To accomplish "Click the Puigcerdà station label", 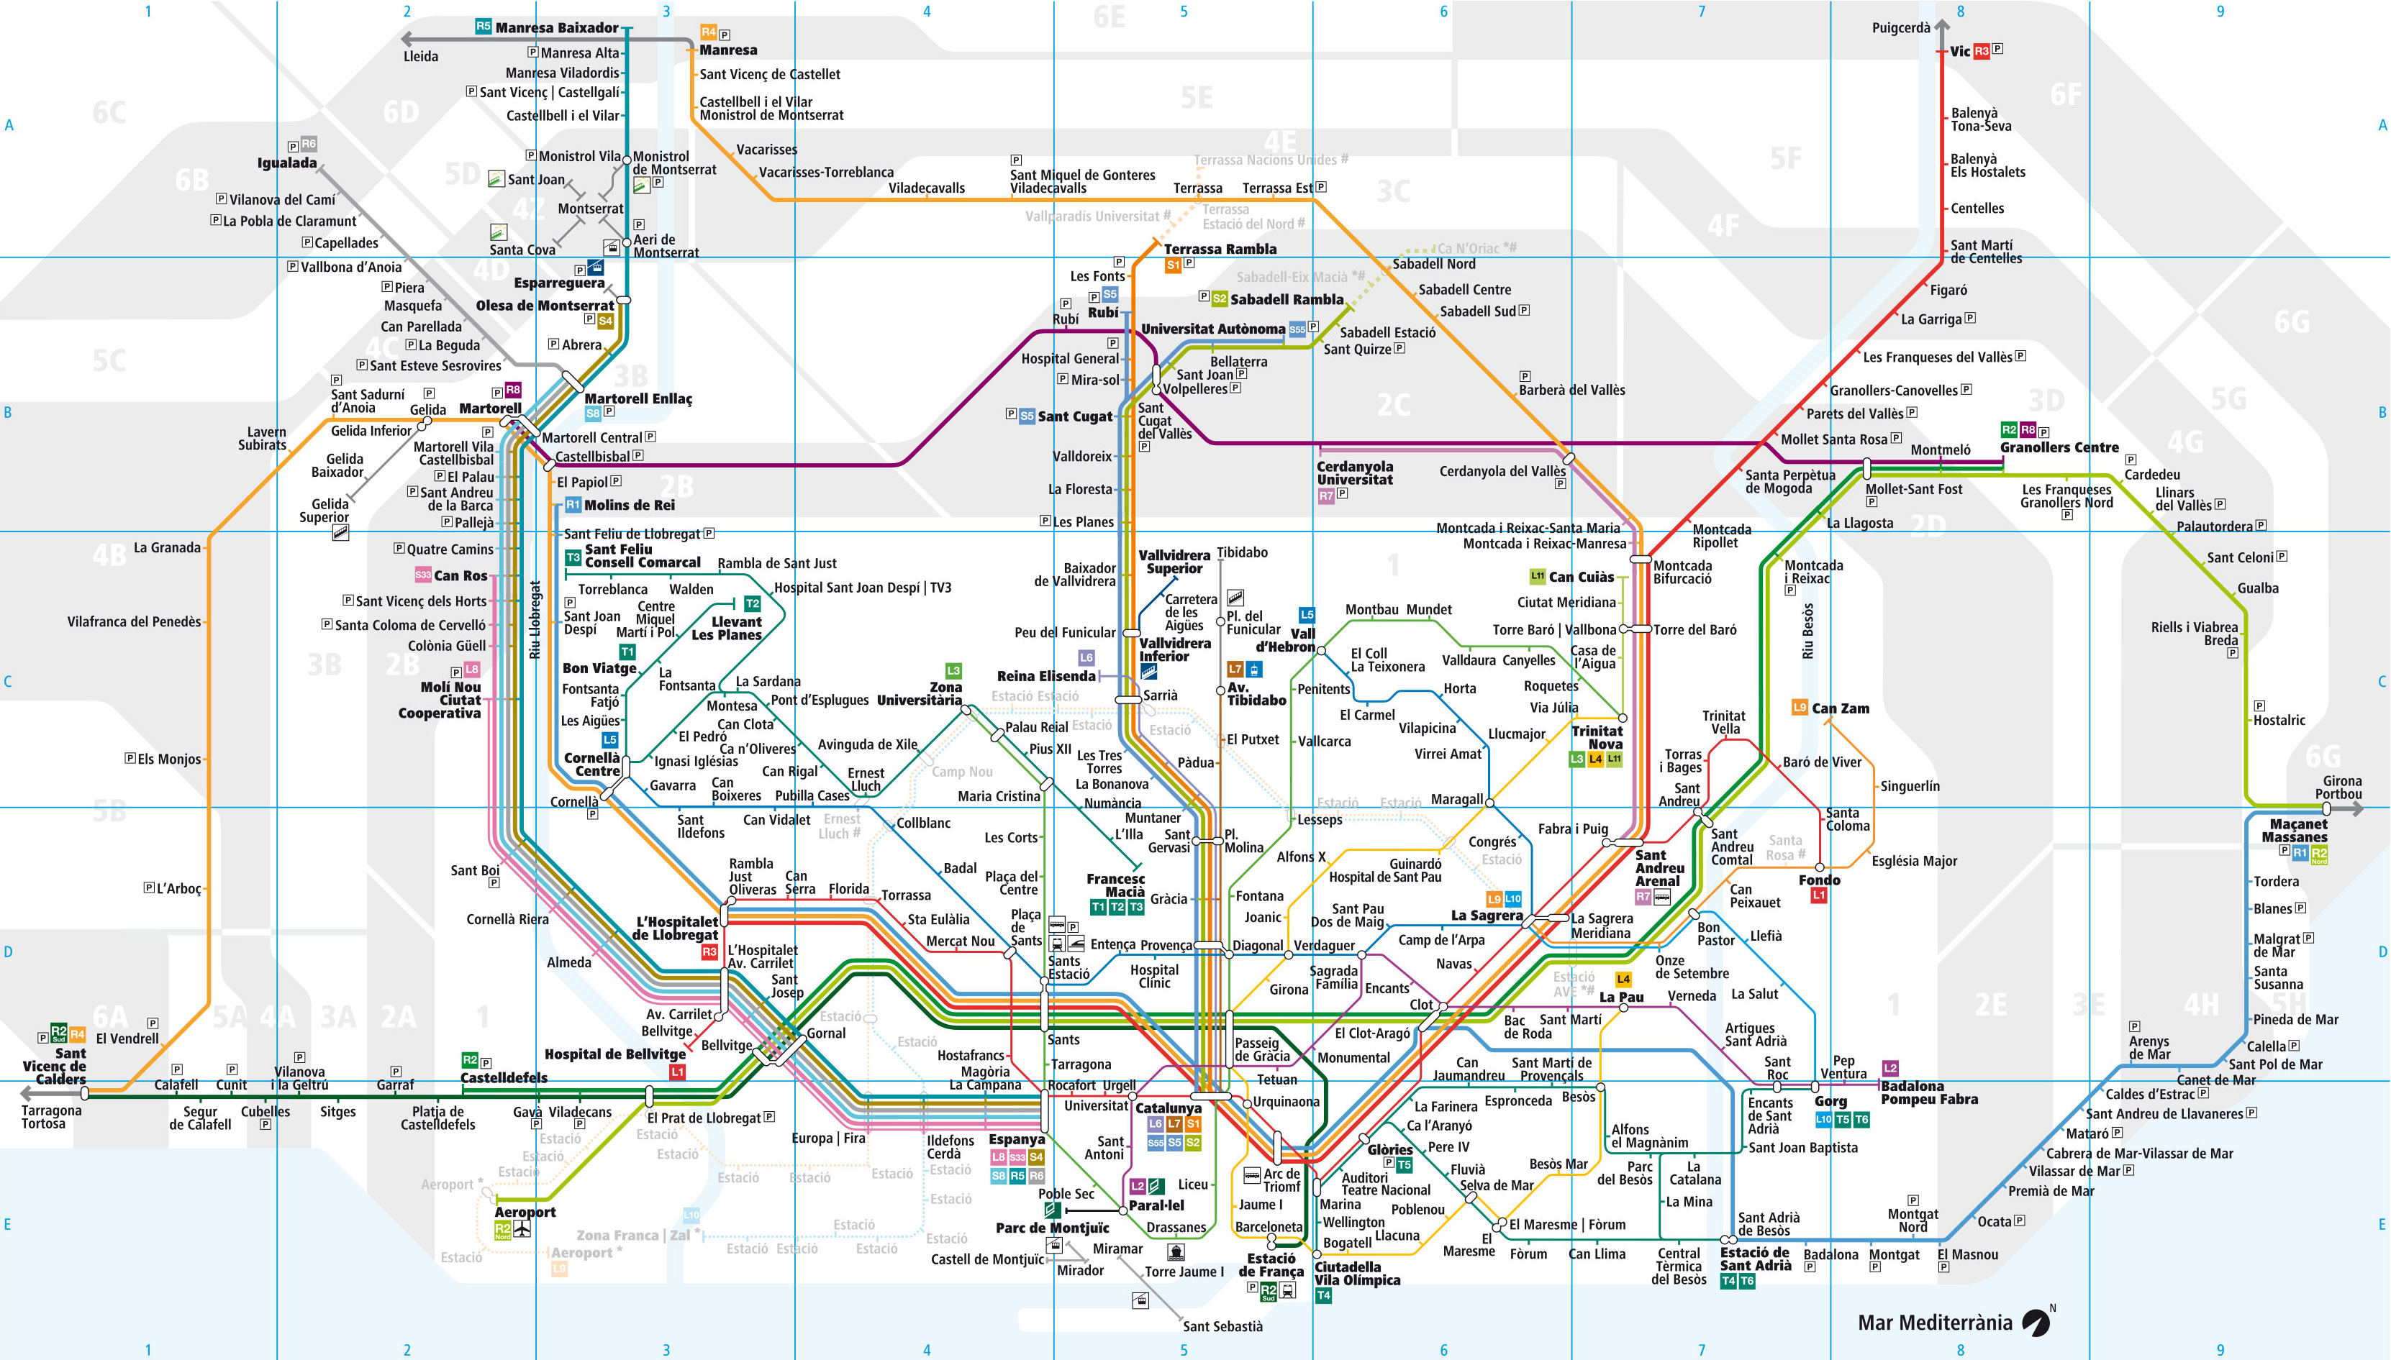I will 1900,28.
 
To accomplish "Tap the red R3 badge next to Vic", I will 1982,51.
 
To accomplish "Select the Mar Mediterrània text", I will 1934,1323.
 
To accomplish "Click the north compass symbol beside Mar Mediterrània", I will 2036,1322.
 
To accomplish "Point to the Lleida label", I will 420,56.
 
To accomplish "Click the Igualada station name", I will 287,163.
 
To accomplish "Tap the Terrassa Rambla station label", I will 1220,248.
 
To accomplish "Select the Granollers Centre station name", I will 2059,447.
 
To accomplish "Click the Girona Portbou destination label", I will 2338,788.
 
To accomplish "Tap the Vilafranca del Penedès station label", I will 134,622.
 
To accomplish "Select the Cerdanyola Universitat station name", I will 1354,473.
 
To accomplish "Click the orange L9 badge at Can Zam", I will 1800,707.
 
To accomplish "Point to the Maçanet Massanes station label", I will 2298,831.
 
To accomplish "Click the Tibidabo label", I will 1242,552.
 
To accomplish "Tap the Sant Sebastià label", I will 1222,1326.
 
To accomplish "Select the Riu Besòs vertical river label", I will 1808,631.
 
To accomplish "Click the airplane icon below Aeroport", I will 522,1229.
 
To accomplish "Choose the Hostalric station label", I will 2279,720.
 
